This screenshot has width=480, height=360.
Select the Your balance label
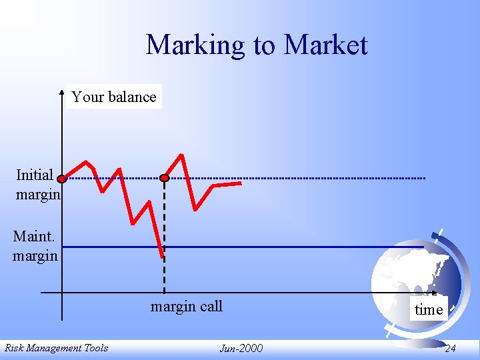click(114, 97)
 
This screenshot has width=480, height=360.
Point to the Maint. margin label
click(35, 245)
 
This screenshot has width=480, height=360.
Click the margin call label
click(186, 307)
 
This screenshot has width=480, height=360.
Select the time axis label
click(428, 309)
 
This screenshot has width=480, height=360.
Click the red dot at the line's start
click(61, 179)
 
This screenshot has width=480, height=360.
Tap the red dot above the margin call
click(165, 178)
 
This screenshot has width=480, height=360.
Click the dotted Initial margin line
click(300, 179)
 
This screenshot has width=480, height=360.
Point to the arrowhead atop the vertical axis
click(61, 89)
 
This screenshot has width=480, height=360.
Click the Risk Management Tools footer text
click(56, 347)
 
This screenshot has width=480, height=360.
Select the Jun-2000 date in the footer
click(241, 348)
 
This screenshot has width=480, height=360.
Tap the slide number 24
click(450, 348)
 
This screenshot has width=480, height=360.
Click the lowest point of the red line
click(162, 257)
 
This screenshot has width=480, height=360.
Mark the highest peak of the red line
click(181, 155)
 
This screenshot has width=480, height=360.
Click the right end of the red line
click(241, 183)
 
